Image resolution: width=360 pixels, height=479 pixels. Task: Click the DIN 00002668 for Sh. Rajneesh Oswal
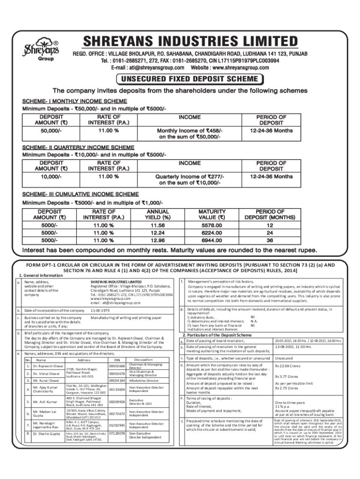coord(116,366)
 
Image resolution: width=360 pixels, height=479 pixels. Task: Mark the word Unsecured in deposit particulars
coord(284,358)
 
